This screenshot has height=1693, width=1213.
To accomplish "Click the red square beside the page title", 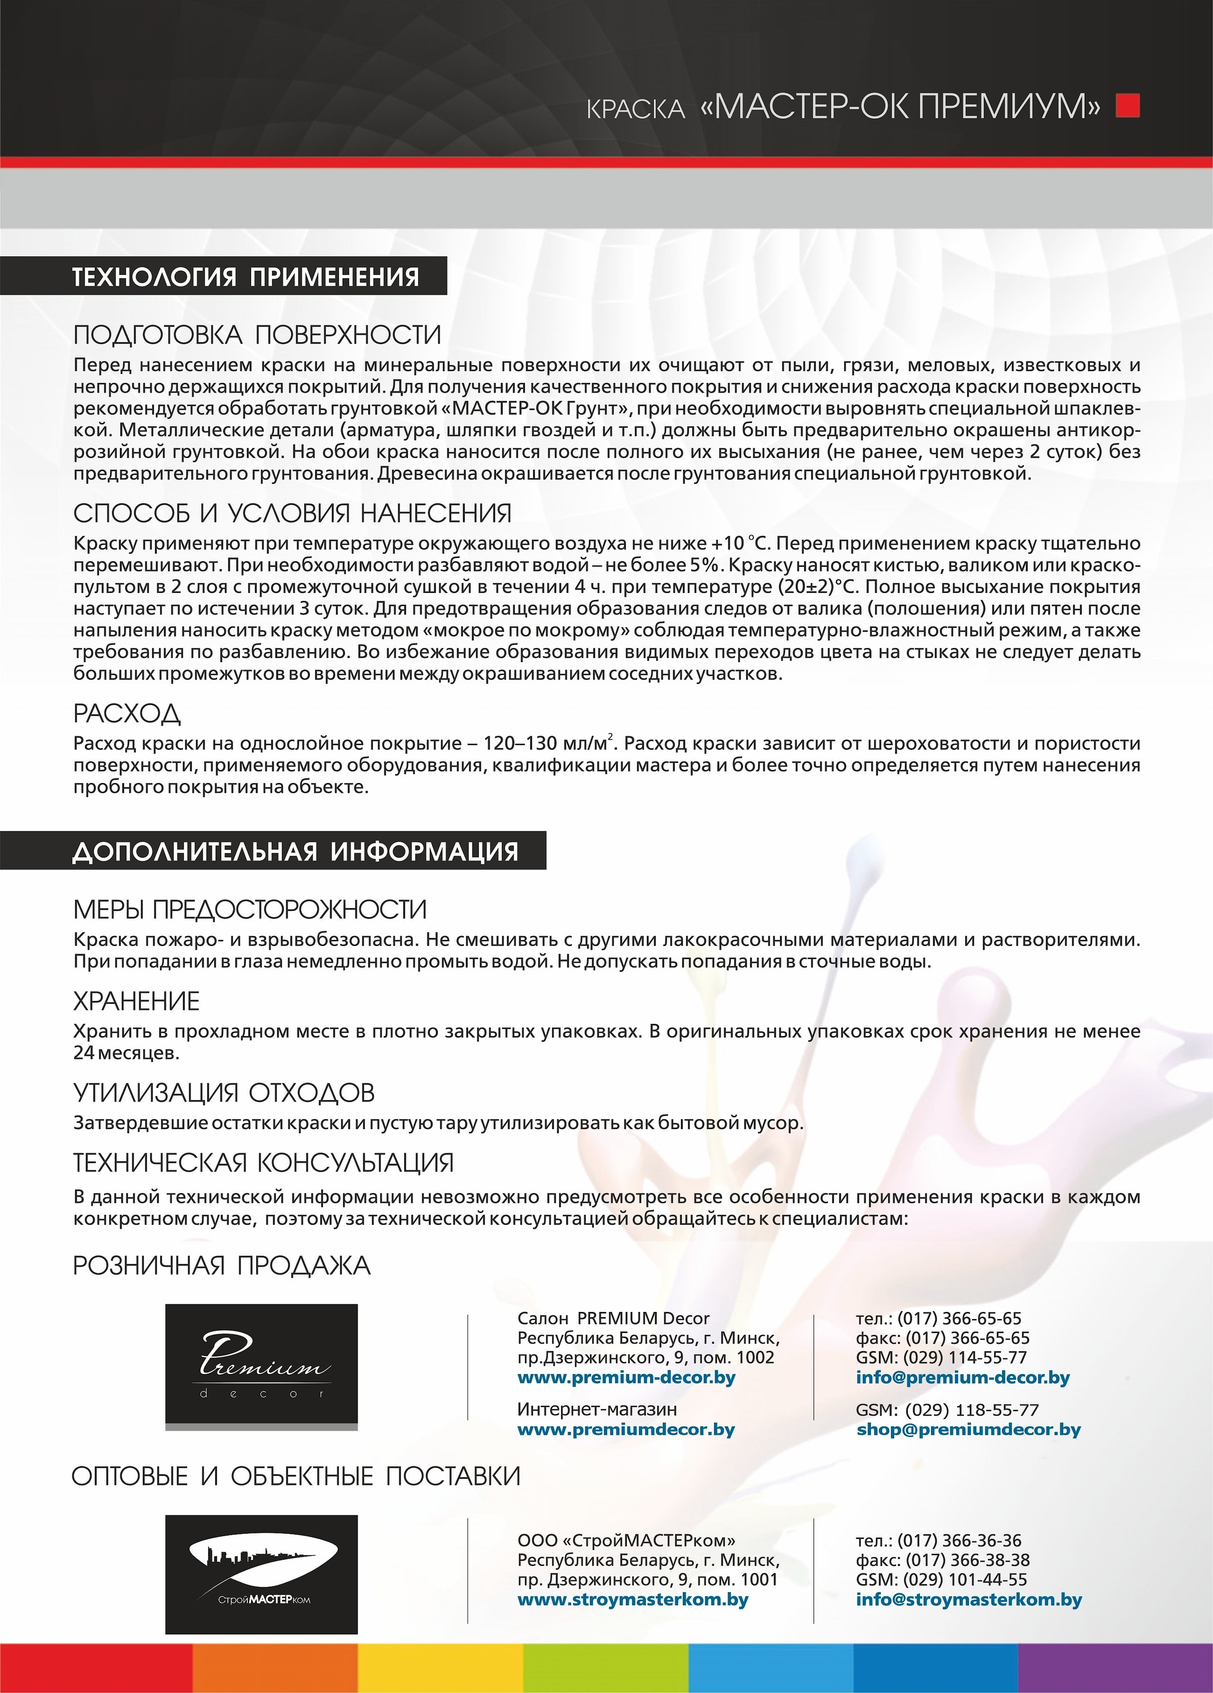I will pyautogui.click(x=1127, y=106).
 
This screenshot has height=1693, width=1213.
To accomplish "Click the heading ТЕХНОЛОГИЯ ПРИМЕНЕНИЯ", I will pyautogui.click(x=245, y=277).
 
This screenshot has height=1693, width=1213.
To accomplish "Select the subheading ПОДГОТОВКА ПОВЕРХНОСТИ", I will pyautogui.click(x=257, y=335).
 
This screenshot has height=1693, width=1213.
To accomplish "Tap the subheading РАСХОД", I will pyautogui.click(x=127, y=714).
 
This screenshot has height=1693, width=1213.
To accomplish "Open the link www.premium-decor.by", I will pyautogui.click(x=626, y=1377).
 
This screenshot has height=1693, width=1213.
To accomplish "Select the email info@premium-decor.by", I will pyautogui.click(x=962, y=1377).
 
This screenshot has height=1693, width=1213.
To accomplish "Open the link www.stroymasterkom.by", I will pyautogui.click(x=632, y=1600).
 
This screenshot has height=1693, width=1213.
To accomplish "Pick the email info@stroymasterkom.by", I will pyautogui.click(x=968, y=1600).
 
